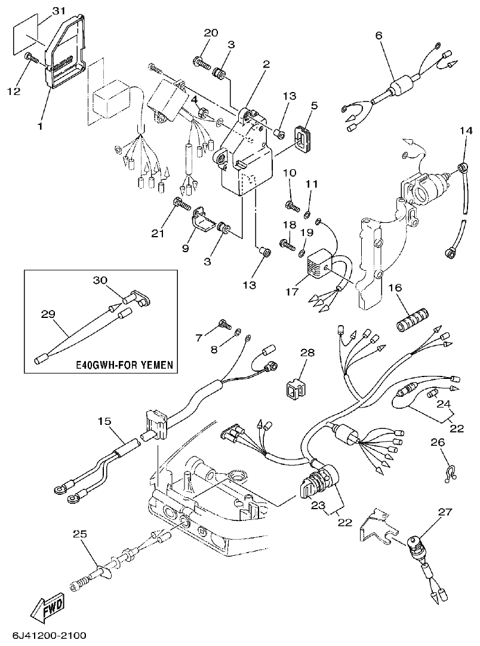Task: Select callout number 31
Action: pyautogui.click(x=57, y=11)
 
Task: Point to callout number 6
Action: pyautogui.click(x=378, y=36)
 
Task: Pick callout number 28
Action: pyautogui.click(x=307, y=353)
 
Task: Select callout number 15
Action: pyautogui.click(x=104, y=422)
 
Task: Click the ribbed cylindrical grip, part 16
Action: pyautogui.click(x=411, y=325)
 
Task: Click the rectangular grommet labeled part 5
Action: pyautogui.click(x=304, y=135)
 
